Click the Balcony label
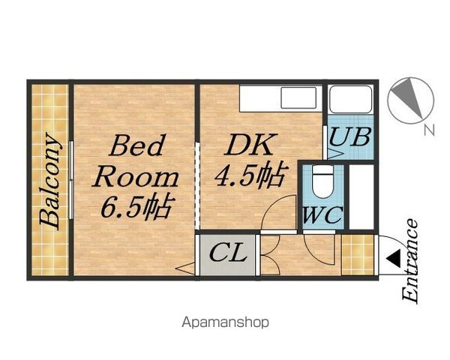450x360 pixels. pyautogui.click(x=50, y=181)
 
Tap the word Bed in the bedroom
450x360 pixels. pyautogui.click(x=136, y=145)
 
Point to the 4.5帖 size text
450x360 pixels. pyautogui.click(x=250, y=175)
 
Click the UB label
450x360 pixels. pyautogui.click(x=349, y=137)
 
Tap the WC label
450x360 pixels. pyautogui.click(x=322, y=215)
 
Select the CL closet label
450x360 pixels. pyautogui.click(x=228, y=253)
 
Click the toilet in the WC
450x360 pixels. pyautogui.click(x=323, y=181)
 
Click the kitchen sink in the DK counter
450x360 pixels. pyautogui.click(x=298, y=98)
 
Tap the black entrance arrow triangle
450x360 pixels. pyautogui.click(x=393, y=258)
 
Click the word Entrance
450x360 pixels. pyautogui.click(x=409, y=261)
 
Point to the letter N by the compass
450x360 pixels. pyautogui.click(x=429, y=130)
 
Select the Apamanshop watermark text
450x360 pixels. pyautogui.click(x=226, y=322)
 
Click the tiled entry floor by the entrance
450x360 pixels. pyautogui.click(x=358, y=255)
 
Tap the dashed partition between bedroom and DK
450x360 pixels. pyautogui.click(x=197, y=186)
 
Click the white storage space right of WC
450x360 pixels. pyautogui.click(x=361, y=196)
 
